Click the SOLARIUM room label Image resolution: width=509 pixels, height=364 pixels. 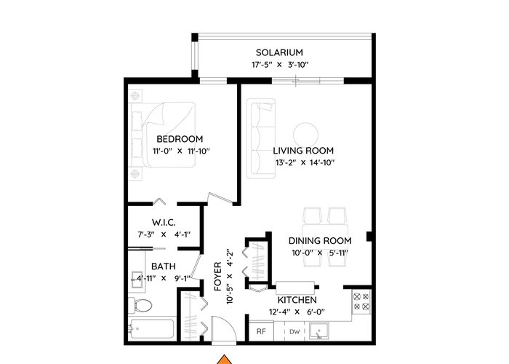tap(279, 52)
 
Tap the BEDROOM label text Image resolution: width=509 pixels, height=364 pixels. tap(180, 139)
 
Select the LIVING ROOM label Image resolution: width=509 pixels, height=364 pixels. tap(303, 151)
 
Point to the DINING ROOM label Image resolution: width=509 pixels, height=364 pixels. tap(320, 241)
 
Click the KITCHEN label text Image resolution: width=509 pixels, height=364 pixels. tap(297, 300)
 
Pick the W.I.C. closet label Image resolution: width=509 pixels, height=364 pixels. tap(164, 223)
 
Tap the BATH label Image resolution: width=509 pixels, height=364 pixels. tap(164, 266)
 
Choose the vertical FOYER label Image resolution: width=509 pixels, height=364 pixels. tap(218, 276)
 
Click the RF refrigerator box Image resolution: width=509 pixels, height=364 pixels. tap(261, 331)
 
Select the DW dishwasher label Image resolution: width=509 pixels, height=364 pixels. tap(294, 332)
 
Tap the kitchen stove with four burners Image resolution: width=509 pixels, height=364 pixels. tap(361, 301)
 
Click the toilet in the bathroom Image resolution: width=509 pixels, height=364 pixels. tap(140, 305)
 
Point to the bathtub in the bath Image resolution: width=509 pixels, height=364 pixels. tap(151, 330)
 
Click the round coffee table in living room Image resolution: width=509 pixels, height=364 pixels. tap(305, 135)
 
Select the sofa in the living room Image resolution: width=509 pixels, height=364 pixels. tap(260, 139)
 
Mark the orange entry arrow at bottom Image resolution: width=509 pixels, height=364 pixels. tap(224, 360)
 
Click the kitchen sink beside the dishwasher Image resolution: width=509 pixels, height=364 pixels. tap(318, 331)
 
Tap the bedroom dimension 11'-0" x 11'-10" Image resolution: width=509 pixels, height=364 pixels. tap(181, 151)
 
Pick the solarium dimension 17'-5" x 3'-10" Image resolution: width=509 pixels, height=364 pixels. tap(280, 65)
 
